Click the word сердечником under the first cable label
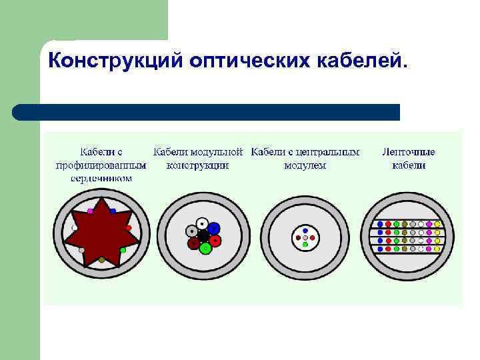101,179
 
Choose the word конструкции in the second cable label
198,165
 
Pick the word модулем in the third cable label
305,165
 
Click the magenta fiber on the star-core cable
90,211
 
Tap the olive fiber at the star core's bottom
101,259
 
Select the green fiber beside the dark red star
123,250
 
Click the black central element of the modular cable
203,235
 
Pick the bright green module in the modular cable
206,248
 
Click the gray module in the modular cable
191,231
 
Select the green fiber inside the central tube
305,245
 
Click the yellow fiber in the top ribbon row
438,223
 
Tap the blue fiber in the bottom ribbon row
379,249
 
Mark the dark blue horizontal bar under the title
207,112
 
